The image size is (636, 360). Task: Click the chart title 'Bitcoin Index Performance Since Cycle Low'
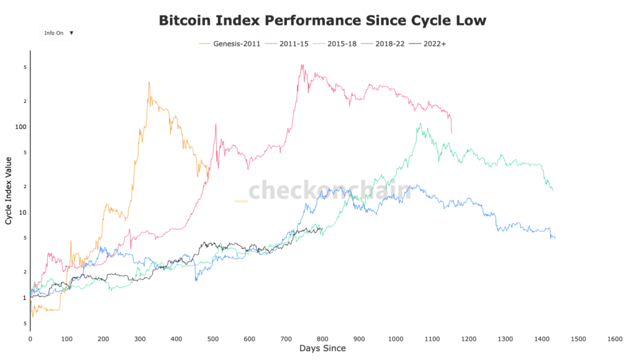[322, 20]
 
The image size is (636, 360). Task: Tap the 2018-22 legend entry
[389, 43]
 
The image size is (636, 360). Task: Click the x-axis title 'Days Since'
[322, 349]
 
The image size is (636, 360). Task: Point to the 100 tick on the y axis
[20, 127]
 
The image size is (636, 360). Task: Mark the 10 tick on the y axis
[22, 212]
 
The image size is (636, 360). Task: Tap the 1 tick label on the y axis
[24, 298]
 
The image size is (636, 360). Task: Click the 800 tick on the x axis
[322, 339]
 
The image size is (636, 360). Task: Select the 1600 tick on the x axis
[615, 339]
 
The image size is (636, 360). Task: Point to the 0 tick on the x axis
[30, 339]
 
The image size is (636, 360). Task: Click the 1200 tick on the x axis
[468, 339]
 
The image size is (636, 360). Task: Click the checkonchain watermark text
[329, 191]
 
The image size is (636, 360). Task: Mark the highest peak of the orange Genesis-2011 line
[149, 82]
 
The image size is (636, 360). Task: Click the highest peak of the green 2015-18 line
[420, 123]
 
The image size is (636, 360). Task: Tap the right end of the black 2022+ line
[322, 228]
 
